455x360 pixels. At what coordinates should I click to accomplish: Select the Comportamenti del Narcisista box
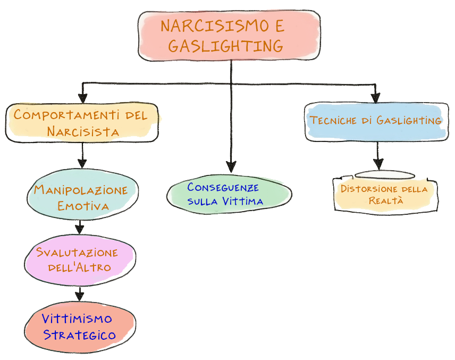click(82, 123)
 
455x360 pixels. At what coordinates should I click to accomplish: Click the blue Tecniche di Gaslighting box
click(375, 121)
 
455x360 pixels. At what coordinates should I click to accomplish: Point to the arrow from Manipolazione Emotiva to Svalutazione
click(80, 225)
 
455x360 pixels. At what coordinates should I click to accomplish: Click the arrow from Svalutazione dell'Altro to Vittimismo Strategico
click(80, 292)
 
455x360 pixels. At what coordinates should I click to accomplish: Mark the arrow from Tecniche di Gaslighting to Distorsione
click(378, 155)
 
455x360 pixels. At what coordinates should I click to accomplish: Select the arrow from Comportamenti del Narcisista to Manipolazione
click(82, 156)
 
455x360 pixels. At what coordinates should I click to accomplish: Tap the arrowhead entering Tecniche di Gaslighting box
click(375, 97)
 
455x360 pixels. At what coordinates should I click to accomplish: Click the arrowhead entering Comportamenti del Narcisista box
click(82, 97)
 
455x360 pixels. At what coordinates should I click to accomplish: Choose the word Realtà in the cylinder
click(385, 200)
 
